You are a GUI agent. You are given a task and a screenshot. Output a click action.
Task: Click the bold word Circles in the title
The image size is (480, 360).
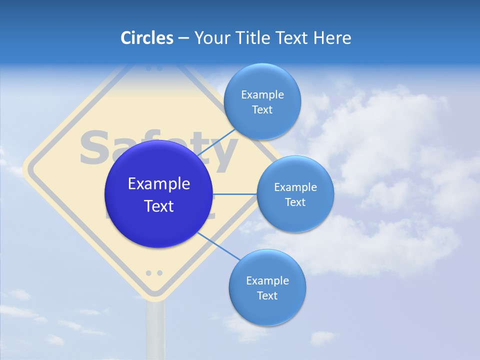click(146, 38)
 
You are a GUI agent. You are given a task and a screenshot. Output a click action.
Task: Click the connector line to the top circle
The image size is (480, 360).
click(218, 141)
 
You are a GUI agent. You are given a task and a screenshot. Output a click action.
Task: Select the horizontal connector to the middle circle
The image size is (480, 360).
click(235, 194)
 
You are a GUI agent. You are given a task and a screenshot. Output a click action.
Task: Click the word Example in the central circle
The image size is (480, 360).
click(159, 184)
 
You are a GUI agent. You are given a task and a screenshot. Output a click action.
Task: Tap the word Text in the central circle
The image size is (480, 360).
click(159, 206)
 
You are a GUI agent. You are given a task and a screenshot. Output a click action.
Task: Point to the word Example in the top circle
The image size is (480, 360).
click(262, 94)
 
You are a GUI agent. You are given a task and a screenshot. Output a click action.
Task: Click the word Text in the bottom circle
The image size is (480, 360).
click(267, 296)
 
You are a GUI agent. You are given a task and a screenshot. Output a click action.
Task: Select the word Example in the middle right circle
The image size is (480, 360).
click(295, 187)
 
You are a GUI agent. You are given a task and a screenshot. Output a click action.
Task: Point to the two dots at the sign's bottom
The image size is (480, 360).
click(154, 273)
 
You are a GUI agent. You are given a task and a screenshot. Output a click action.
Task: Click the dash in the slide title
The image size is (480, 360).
click(183, 38)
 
